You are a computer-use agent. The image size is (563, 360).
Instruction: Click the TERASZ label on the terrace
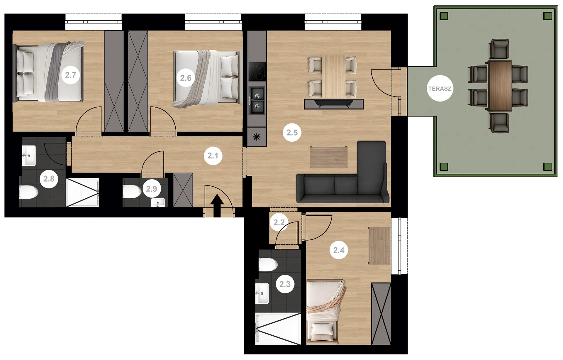pyautogui.click(x=440, y=89)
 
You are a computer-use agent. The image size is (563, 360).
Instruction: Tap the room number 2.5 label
pyautogui.click(x=292, y=133)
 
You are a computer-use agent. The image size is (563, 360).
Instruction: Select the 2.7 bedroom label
pyautogui.click(x=71, y=75)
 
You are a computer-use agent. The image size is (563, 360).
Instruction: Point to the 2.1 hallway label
pyautogui.click(x=213, y=156)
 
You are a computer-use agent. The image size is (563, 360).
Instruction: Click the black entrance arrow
pyautogui.click(x=217, y=205)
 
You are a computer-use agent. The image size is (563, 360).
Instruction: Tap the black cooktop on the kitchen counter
pyautogui.click(x=257, y=71)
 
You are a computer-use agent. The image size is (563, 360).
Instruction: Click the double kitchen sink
pyautogui.click(x=257, y=100)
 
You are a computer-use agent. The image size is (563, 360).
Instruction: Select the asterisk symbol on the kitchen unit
pyautogui.click(x=257, y=137)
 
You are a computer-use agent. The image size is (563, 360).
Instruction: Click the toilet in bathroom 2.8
pyautogui.click(x=28, y=192)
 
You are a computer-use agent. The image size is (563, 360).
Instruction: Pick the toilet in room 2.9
pyautogui.click(x=132, y=192)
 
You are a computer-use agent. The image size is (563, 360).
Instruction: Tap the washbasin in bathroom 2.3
pyautogui.click(x=262, y=293)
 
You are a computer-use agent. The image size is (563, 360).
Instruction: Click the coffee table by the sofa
pyautogui.click(x=329, y=157)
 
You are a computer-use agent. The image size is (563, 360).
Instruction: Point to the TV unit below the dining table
pyautogui.click(x=334, y=104)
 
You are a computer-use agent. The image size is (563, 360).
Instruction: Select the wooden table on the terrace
pyautogui.click(x=500, y=86)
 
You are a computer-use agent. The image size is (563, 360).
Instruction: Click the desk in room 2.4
pyautogui.click(x=379, y=246)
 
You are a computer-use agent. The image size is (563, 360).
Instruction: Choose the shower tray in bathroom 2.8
pyautogui.click(x=83, y=192)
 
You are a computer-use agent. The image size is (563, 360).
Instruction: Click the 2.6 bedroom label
pyautogui.click(x=186, y=78)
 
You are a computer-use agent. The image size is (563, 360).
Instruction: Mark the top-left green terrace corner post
pyautogui.click(x=444, y=16)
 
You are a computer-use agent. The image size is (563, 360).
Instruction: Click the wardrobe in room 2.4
pyautogui.click(x=381, y=314)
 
